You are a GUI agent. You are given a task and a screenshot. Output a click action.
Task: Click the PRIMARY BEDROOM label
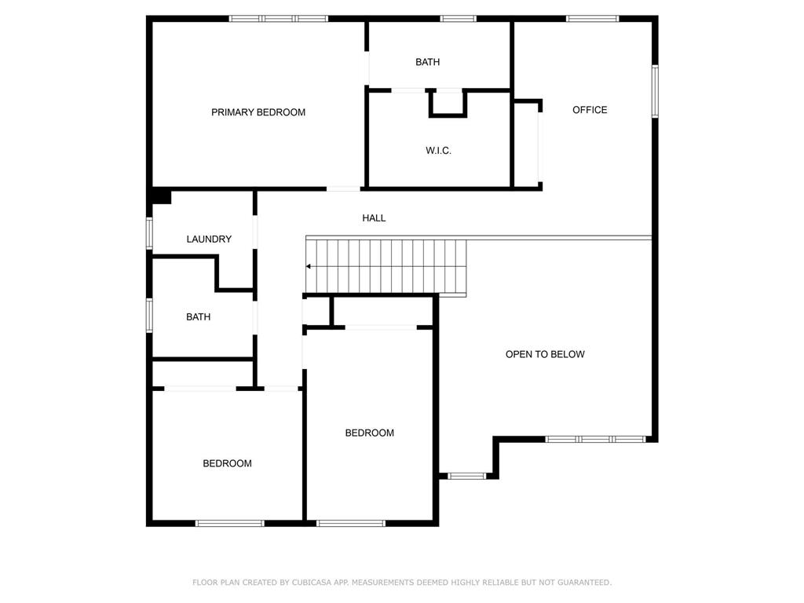pos(258,112)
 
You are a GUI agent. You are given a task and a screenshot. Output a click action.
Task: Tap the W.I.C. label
pos(438,151)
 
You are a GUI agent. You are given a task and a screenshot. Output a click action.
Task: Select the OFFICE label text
pos(590,110)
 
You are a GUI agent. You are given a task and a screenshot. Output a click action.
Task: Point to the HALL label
pos(374,218)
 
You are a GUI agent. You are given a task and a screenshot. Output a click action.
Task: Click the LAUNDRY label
pos(209,239)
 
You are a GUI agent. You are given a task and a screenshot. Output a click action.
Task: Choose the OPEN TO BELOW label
pos(545,354)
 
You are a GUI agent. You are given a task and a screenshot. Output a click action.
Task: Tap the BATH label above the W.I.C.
pos(428,62)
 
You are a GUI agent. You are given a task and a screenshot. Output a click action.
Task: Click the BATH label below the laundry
pos(198,317)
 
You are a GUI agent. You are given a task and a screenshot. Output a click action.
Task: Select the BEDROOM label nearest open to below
pos(370,433)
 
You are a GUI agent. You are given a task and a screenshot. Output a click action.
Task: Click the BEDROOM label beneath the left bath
pos(228,463)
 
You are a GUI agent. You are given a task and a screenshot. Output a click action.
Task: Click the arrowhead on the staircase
pos(309,267)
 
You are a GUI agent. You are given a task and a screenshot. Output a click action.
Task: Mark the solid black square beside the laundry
pos(161,196)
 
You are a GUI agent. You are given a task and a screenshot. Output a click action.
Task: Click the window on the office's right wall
pos(654,92)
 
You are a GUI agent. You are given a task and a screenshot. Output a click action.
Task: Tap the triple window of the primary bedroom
pos(279,18)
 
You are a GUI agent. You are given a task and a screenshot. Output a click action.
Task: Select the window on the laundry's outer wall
pos(149,233)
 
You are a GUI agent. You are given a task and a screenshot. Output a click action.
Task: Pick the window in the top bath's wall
pos(458,18)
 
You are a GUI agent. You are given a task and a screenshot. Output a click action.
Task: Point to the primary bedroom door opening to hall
pos(344,188)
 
